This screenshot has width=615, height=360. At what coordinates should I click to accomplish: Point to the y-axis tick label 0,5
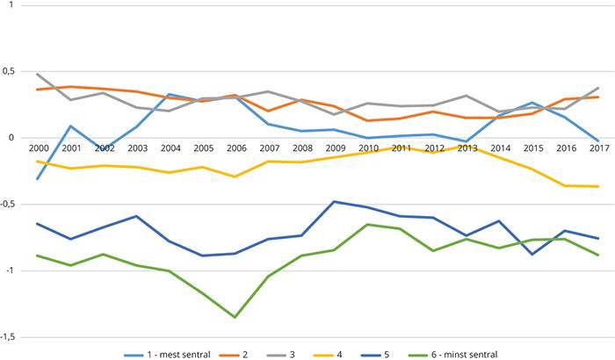pos(11,71)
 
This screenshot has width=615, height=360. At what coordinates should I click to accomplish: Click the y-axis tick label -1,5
pos(10,337)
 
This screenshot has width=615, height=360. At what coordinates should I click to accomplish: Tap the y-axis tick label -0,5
pos(10,205)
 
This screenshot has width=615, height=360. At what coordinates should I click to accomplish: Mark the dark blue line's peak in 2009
pos(335,201)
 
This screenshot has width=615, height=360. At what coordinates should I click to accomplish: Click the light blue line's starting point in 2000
pos(37,179)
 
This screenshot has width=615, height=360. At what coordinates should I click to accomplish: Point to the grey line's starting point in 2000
pos(37,74)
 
